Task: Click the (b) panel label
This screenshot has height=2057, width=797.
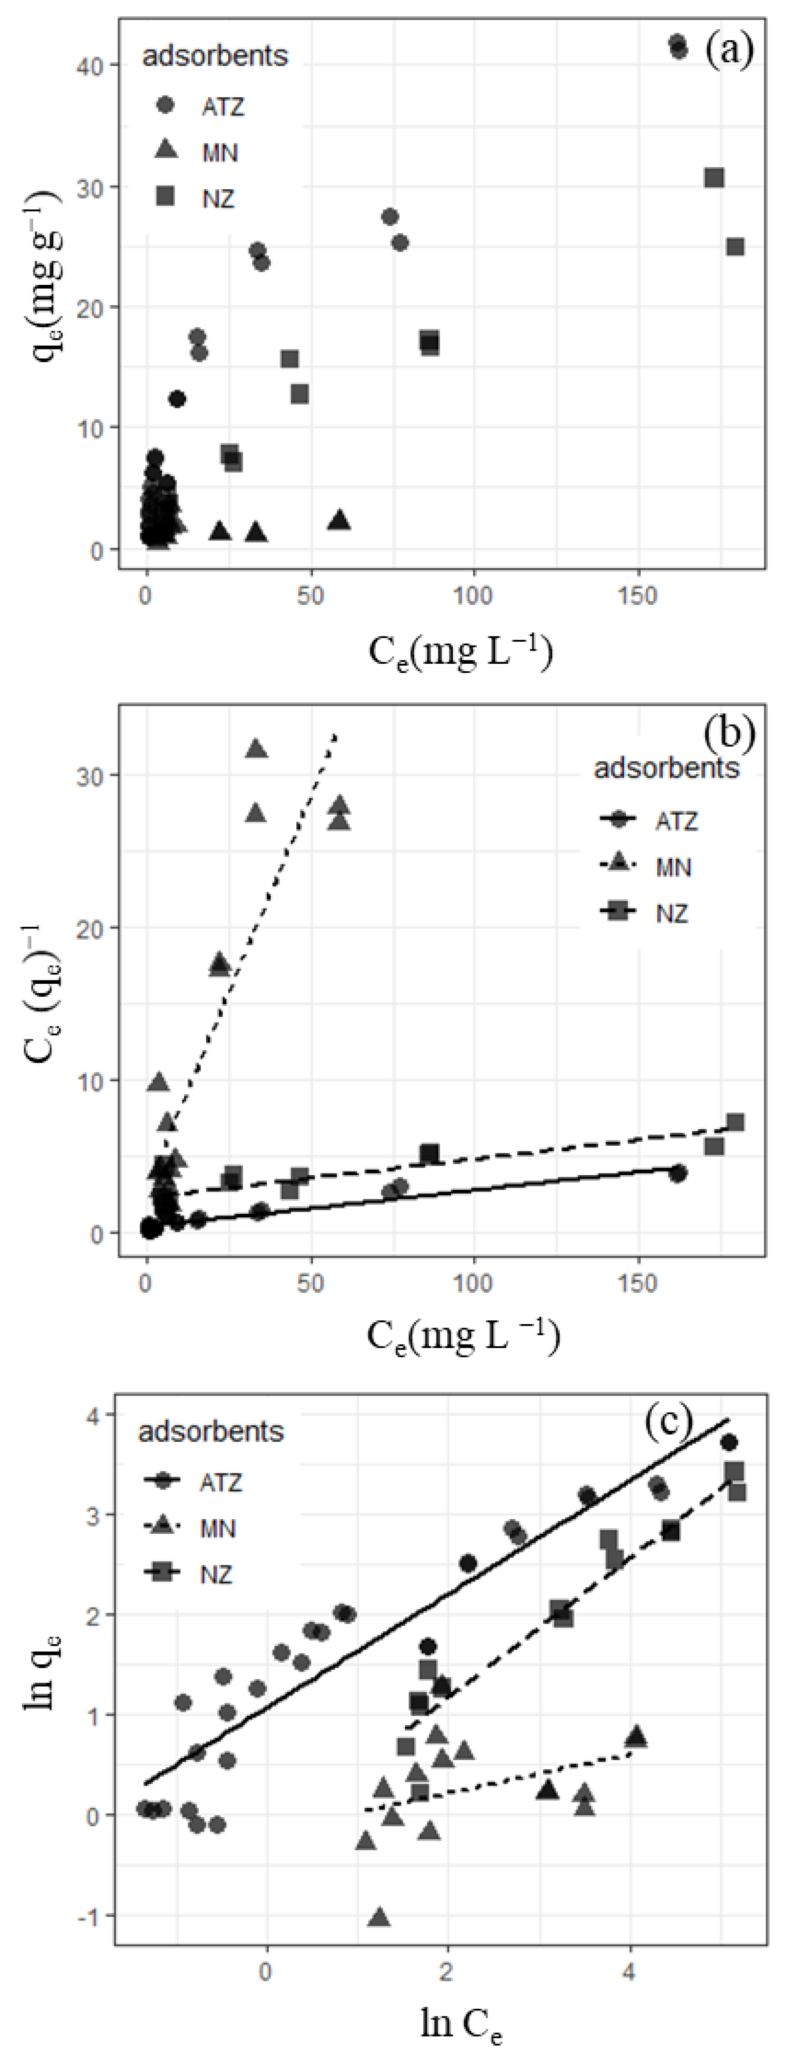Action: [728, 733]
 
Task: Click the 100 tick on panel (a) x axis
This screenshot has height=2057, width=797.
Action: [473, 597]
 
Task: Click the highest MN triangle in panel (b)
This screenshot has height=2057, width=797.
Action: [256, 748]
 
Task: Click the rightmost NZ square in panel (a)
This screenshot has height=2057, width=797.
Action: [735, 247]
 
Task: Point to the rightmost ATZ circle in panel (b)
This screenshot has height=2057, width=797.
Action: [678, 1173]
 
